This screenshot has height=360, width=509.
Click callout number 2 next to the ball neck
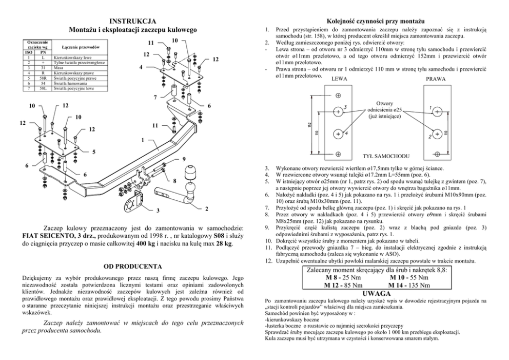(x=206, y=209)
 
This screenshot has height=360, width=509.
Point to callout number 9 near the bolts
(x=184, y=159)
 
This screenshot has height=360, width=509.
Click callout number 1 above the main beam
(x=142, y=140)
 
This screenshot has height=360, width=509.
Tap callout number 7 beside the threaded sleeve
(x=155, y=97)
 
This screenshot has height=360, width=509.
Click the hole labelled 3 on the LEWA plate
(x=338, y=110)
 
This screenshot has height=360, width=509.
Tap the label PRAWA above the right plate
(x=436, y=79)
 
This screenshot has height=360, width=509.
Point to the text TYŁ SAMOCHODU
(x=384, y=155)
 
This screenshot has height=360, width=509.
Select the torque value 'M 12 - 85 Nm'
(x=343, y=285)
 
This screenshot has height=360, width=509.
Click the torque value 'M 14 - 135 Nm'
(x=408, y=285)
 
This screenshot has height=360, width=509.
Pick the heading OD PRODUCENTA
(x=133, y=267)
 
